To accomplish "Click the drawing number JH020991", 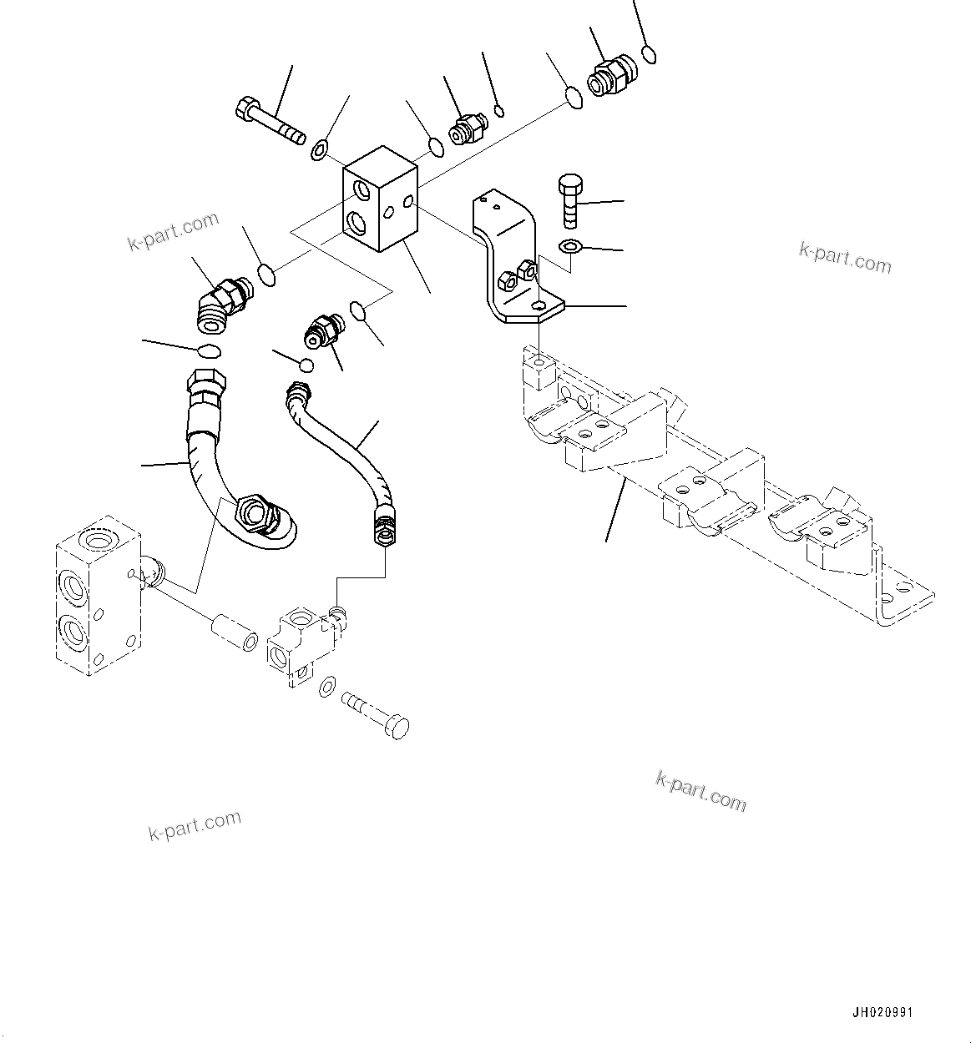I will [883, 1012].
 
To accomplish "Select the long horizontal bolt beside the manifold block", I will [270, 122].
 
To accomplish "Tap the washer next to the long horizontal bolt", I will [318, 151].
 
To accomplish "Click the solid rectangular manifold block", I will [380, 199].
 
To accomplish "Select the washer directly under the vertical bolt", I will [569, 246].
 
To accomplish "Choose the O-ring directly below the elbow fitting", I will [209, 350].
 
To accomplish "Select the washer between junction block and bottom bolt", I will [328, 688].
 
